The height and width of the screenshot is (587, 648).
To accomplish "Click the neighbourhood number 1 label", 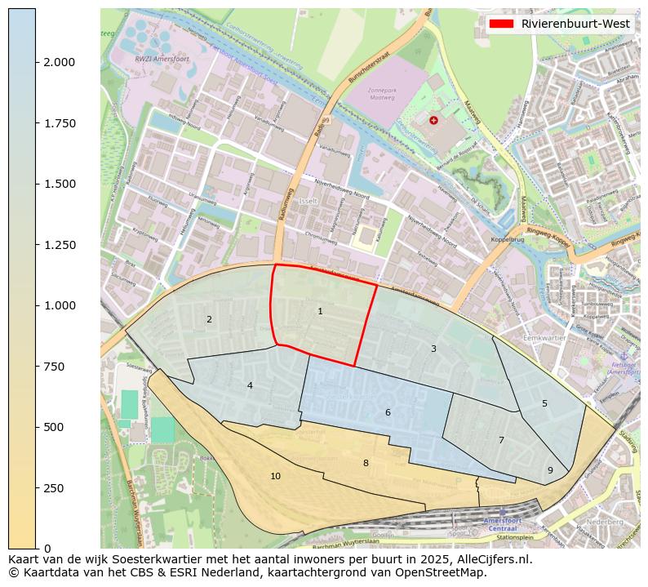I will (320, 311).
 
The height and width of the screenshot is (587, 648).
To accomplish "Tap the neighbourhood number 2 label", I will (209, 319).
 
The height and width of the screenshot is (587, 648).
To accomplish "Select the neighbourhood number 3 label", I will (433, 349).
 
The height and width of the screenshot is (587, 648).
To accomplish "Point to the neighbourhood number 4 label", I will (250, 385).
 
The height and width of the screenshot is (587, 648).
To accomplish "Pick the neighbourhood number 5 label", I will (544, 403).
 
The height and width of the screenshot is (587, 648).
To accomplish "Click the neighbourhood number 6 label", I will (388, 412).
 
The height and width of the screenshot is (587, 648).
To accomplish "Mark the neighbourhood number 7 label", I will (501, 440).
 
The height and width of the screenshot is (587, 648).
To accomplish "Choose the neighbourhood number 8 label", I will (366, 463).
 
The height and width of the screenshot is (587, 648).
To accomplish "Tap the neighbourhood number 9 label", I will (550, 470).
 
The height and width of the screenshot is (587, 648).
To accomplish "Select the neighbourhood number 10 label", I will (275, 476).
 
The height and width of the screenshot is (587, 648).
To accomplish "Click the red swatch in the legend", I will (500, 24).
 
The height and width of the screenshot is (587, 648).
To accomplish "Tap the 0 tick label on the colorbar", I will (48, 549).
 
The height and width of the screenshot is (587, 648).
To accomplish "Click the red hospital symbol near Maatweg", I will (433, 120).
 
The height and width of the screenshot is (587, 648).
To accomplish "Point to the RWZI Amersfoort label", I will (156, 59).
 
